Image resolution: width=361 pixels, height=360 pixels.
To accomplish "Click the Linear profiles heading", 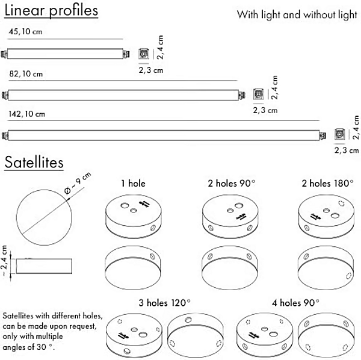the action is coord(51,11).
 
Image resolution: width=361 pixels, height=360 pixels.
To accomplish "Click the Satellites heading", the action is coord(34,162).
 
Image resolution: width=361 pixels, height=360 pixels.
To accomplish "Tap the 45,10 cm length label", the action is coord(25,31).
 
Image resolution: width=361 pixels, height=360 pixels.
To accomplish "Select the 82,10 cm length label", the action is coord(26,73).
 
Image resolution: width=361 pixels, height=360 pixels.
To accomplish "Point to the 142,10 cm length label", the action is coord(26,114).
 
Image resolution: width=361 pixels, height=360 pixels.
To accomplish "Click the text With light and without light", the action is coord(297,14).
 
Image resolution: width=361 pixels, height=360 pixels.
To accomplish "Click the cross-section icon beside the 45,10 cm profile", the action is coord(144,54).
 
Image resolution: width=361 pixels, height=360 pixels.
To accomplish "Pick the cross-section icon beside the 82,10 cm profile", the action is coord(258,94).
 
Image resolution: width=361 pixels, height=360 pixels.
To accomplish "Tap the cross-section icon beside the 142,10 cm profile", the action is coord(339,134).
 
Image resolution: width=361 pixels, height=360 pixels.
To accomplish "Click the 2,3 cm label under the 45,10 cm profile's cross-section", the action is coord(151,70).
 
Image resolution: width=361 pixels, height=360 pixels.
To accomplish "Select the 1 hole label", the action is coord(134,184).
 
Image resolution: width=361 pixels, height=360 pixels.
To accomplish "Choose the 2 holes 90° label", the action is coord(232,184).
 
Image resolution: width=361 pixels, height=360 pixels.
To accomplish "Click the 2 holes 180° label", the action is coord(328,184).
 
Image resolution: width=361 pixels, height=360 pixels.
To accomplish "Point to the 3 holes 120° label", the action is coord(165,303).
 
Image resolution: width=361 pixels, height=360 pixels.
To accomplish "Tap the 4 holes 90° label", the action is coord(295,303).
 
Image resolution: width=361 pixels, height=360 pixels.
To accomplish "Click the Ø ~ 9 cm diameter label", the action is coord(78,183).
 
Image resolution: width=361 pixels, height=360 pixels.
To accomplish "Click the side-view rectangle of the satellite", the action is coord(44,266).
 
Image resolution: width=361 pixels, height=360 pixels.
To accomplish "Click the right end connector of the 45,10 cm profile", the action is coord(126,54).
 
